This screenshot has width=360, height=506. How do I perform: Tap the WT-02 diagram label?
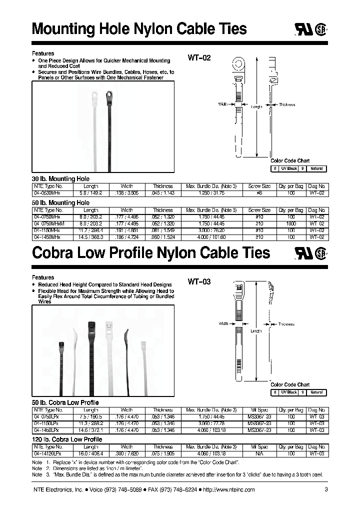point(199,58)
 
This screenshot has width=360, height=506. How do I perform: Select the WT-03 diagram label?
point(199,282)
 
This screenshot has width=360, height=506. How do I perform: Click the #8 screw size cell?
point(259,192)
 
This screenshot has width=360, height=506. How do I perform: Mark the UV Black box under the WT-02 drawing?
point(288,168)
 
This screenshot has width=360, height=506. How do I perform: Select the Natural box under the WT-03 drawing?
point(316,392)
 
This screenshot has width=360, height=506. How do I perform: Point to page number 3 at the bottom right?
point(326,489)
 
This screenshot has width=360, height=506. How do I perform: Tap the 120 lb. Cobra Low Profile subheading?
point(67,439)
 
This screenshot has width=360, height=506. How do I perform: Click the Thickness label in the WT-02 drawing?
point(287,104)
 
